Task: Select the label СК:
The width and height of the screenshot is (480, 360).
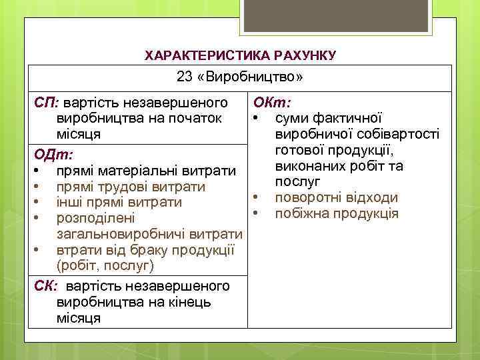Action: coord(47,286)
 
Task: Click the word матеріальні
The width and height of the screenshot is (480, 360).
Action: coord(133,171)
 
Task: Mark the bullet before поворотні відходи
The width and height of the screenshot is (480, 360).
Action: coord(255,197)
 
